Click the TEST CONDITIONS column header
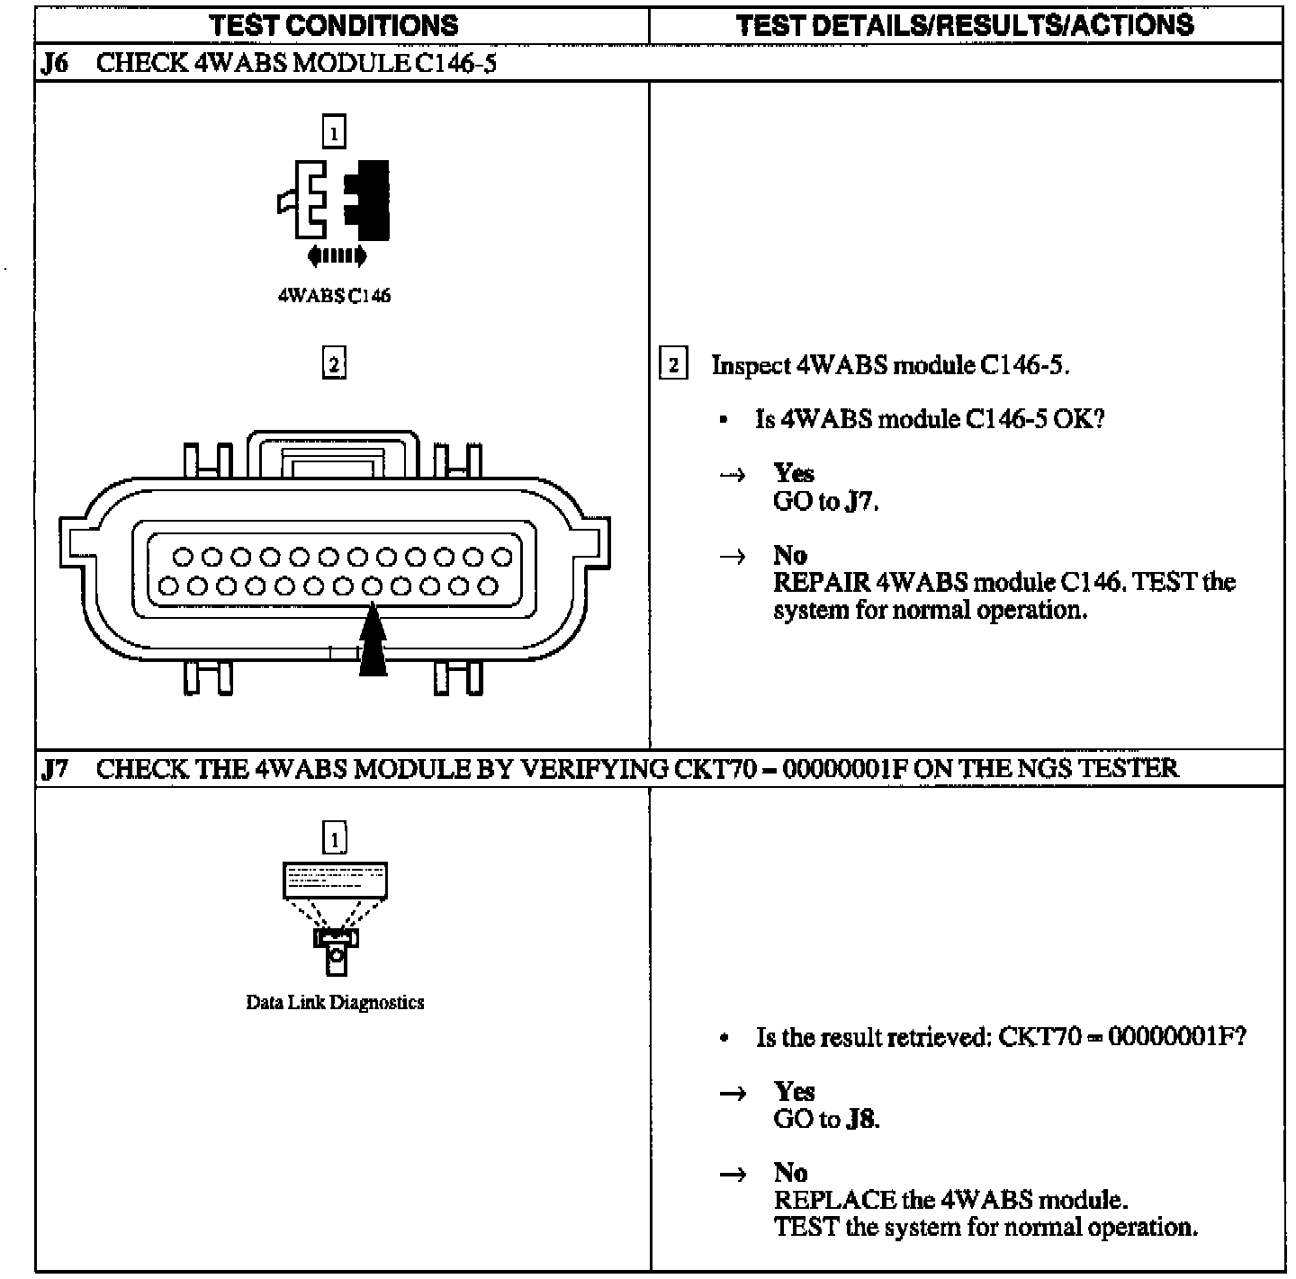334,24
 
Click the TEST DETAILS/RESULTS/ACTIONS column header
965,24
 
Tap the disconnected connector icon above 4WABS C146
334,200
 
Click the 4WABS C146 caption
334,296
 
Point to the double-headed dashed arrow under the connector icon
336,256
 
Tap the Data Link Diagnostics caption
335,1002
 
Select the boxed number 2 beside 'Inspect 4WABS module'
673,365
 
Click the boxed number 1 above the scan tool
334,838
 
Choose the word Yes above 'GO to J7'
793,473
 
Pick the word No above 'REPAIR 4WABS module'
789,554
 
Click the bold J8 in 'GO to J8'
861,1119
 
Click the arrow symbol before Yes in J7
733,1093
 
